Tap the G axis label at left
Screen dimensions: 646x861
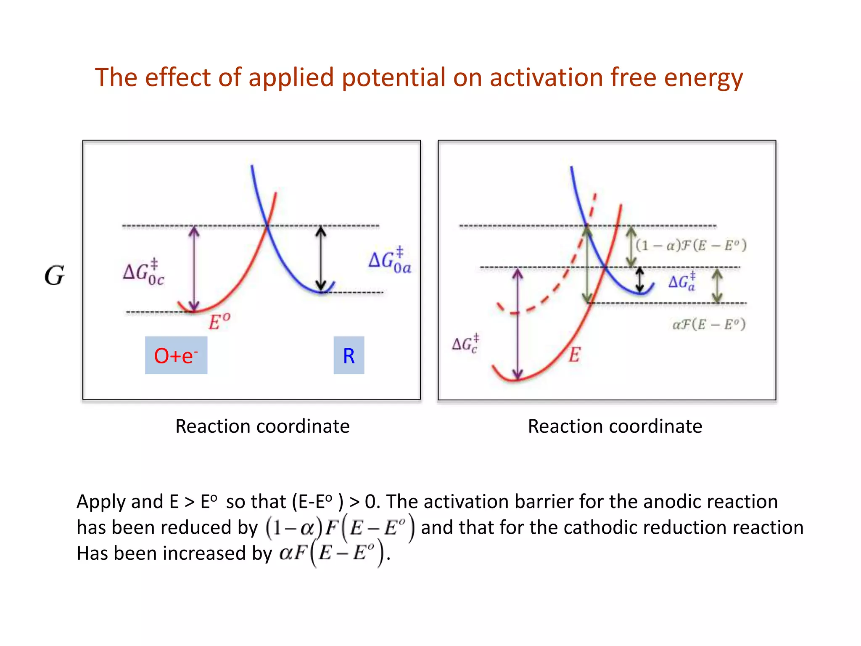pos(55,276)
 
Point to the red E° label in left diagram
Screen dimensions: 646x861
pos(219,322)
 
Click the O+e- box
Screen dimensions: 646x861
pos(176,355)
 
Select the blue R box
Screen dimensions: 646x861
pos(349,355)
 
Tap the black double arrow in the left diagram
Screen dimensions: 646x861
pos(321,259)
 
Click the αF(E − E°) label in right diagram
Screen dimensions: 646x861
pos(709,324)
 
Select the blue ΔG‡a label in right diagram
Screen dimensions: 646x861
pos(682,281)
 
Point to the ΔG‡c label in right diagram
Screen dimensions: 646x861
pos(465,344)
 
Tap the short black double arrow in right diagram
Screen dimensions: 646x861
pos(639,280)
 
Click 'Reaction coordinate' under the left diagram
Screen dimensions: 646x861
pos(262,426)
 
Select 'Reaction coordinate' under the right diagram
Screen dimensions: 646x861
pos(615,426)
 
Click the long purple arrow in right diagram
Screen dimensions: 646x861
pos(518,324)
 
